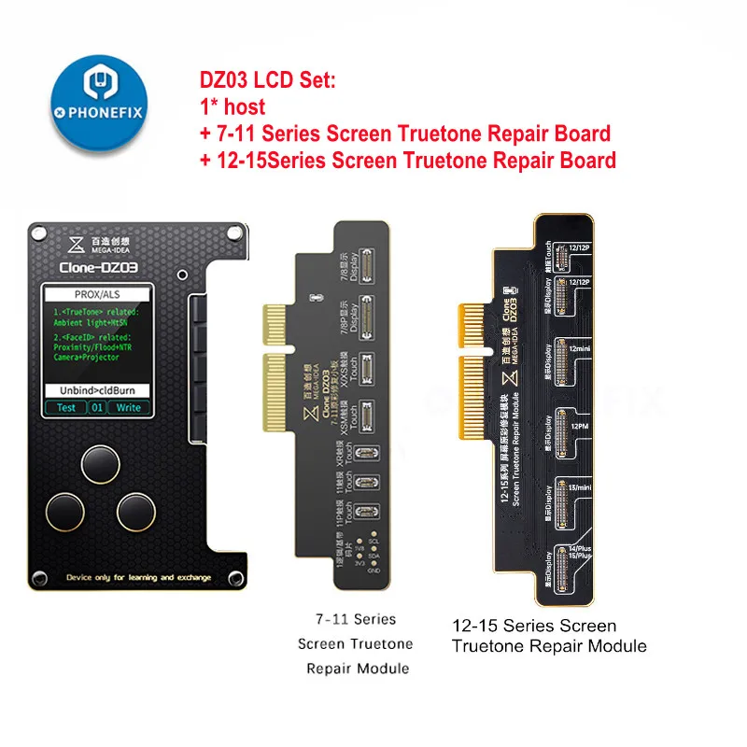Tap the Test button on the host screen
pos(66,407)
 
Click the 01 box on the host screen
pos(97,407)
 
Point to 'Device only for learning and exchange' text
pos(120,579)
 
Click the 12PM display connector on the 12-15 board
pos(565,425)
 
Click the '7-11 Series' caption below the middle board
pos(355,619)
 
